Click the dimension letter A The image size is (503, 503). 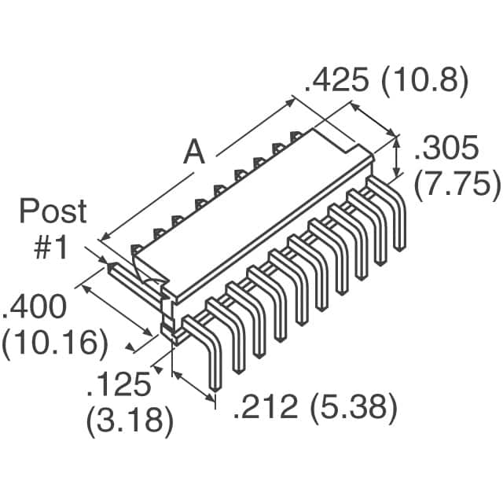pos(194,152)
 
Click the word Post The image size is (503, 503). pos(53,211)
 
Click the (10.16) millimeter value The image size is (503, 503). pos(55,343)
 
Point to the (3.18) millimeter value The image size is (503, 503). pos(129,421)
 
